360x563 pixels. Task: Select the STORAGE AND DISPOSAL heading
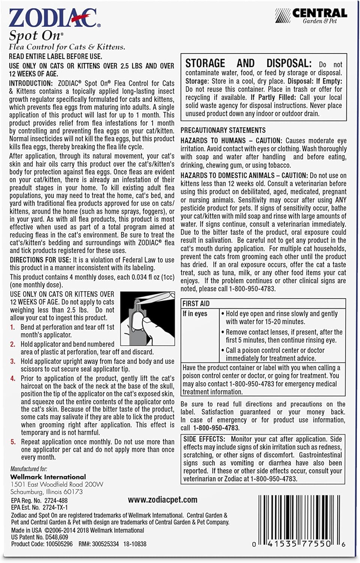[x=248, y=63]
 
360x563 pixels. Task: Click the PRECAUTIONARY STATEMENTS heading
[x=223, y=130]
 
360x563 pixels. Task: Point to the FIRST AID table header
[x=196, y=304]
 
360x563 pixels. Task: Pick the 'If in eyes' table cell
[x=195, y=314]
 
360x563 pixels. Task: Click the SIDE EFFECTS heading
[x=204, y=439]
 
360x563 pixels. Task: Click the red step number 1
[x=12, y=327]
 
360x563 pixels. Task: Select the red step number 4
[x=13, y=378]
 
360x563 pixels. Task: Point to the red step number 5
[x=13, y=442]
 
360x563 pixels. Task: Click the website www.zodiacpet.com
[x=162, y=500]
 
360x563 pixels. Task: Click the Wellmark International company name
[x=48, y=477]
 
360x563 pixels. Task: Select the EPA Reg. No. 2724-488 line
[x=39, y=501]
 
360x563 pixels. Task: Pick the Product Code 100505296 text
[x=42, y=544]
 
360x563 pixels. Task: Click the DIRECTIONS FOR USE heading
[x=40, y=260]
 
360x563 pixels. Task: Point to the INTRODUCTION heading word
[x=31, y=83]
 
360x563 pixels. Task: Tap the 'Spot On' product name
[x=35, y=36]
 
